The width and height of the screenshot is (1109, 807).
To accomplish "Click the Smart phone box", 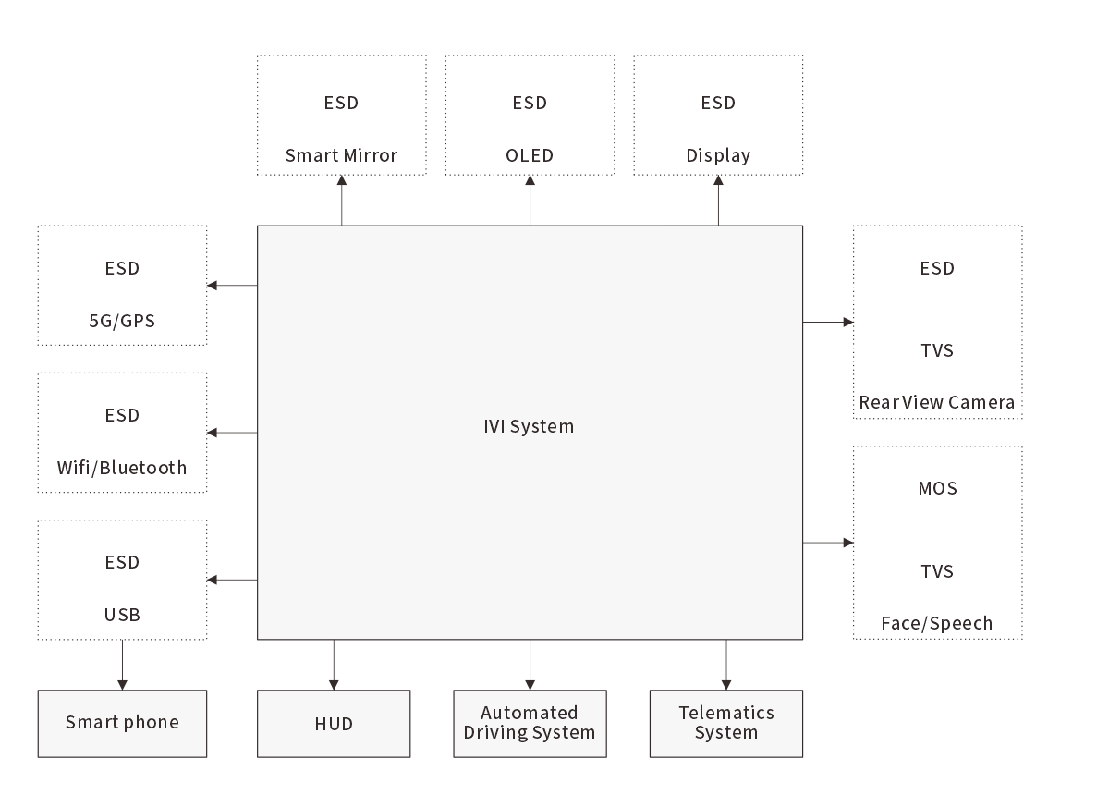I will (122, 723).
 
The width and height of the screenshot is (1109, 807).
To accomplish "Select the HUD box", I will (334, 723).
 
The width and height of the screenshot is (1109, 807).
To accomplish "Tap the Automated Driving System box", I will (530, 723).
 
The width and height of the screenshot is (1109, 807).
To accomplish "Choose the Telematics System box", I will (725, 723).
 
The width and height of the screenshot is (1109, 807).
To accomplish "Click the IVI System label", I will (529, 426).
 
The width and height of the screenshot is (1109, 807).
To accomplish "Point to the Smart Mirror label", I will (341, 155).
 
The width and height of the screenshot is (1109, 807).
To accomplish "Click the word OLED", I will (530, 155).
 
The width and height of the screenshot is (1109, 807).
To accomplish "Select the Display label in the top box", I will (718, 155).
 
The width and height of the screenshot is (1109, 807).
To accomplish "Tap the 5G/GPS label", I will (122, 322).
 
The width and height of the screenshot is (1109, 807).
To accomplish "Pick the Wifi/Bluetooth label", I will (122, 468).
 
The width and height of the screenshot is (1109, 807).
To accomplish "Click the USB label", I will (122, 615).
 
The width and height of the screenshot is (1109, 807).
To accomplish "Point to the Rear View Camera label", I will (936, 402).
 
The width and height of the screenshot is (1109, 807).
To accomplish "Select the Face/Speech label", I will (936, 623).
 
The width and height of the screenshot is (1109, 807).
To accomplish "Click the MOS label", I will (936, 488).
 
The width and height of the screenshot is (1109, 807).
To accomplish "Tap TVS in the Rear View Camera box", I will (936, 350).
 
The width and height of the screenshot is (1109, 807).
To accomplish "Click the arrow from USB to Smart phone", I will (122, 665).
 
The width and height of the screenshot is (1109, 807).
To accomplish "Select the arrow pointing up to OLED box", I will (530, 200).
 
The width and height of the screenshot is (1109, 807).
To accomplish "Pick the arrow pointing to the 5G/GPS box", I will (232, 286).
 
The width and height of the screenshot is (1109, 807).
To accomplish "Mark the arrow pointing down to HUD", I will (334, 665).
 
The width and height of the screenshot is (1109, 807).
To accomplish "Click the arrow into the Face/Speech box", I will (828, 543).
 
